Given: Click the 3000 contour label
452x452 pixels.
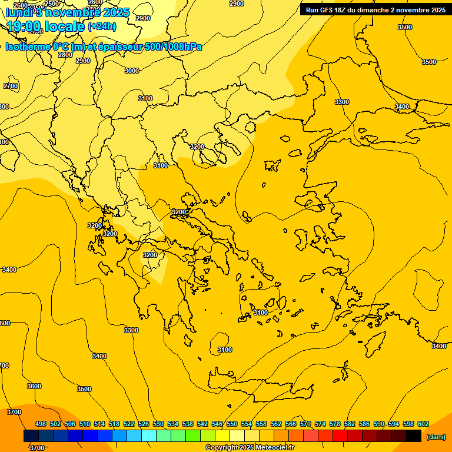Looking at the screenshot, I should (132, 71).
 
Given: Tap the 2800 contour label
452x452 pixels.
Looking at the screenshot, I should (65, 55).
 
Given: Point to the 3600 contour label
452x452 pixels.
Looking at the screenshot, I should (34, 386).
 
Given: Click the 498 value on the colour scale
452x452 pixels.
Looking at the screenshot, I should (41, 424).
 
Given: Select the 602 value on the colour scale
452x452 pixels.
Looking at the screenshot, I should (423, 424).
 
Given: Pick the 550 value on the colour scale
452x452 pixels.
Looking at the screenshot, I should (232, 424).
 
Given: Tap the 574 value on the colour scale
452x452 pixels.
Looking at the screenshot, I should (320, 424).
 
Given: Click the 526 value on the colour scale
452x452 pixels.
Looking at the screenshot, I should (144, 424).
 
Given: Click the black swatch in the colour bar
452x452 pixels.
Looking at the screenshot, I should (414, 436).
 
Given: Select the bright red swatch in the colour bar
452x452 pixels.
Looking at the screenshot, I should (340, 436).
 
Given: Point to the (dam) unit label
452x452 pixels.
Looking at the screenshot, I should (436, 437).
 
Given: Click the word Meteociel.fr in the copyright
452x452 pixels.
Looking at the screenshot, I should (274, 448).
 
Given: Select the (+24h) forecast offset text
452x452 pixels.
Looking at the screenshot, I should (102, 26).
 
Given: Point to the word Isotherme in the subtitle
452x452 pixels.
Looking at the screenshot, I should (27, 46).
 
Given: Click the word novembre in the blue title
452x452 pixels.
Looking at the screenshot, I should (81, 11).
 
